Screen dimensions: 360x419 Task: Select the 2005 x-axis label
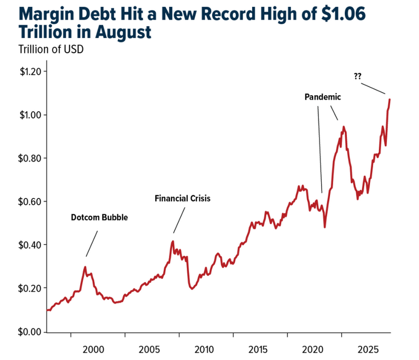pos(149,349)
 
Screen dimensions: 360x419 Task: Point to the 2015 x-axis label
pos(257,349)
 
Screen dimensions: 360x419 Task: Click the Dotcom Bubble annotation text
pos(99,217)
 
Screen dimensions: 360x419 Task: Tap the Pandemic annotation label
pos(323,97)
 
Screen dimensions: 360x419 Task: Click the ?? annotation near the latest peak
pos(358,76)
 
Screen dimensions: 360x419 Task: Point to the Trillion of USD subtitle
pos(51,50)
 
